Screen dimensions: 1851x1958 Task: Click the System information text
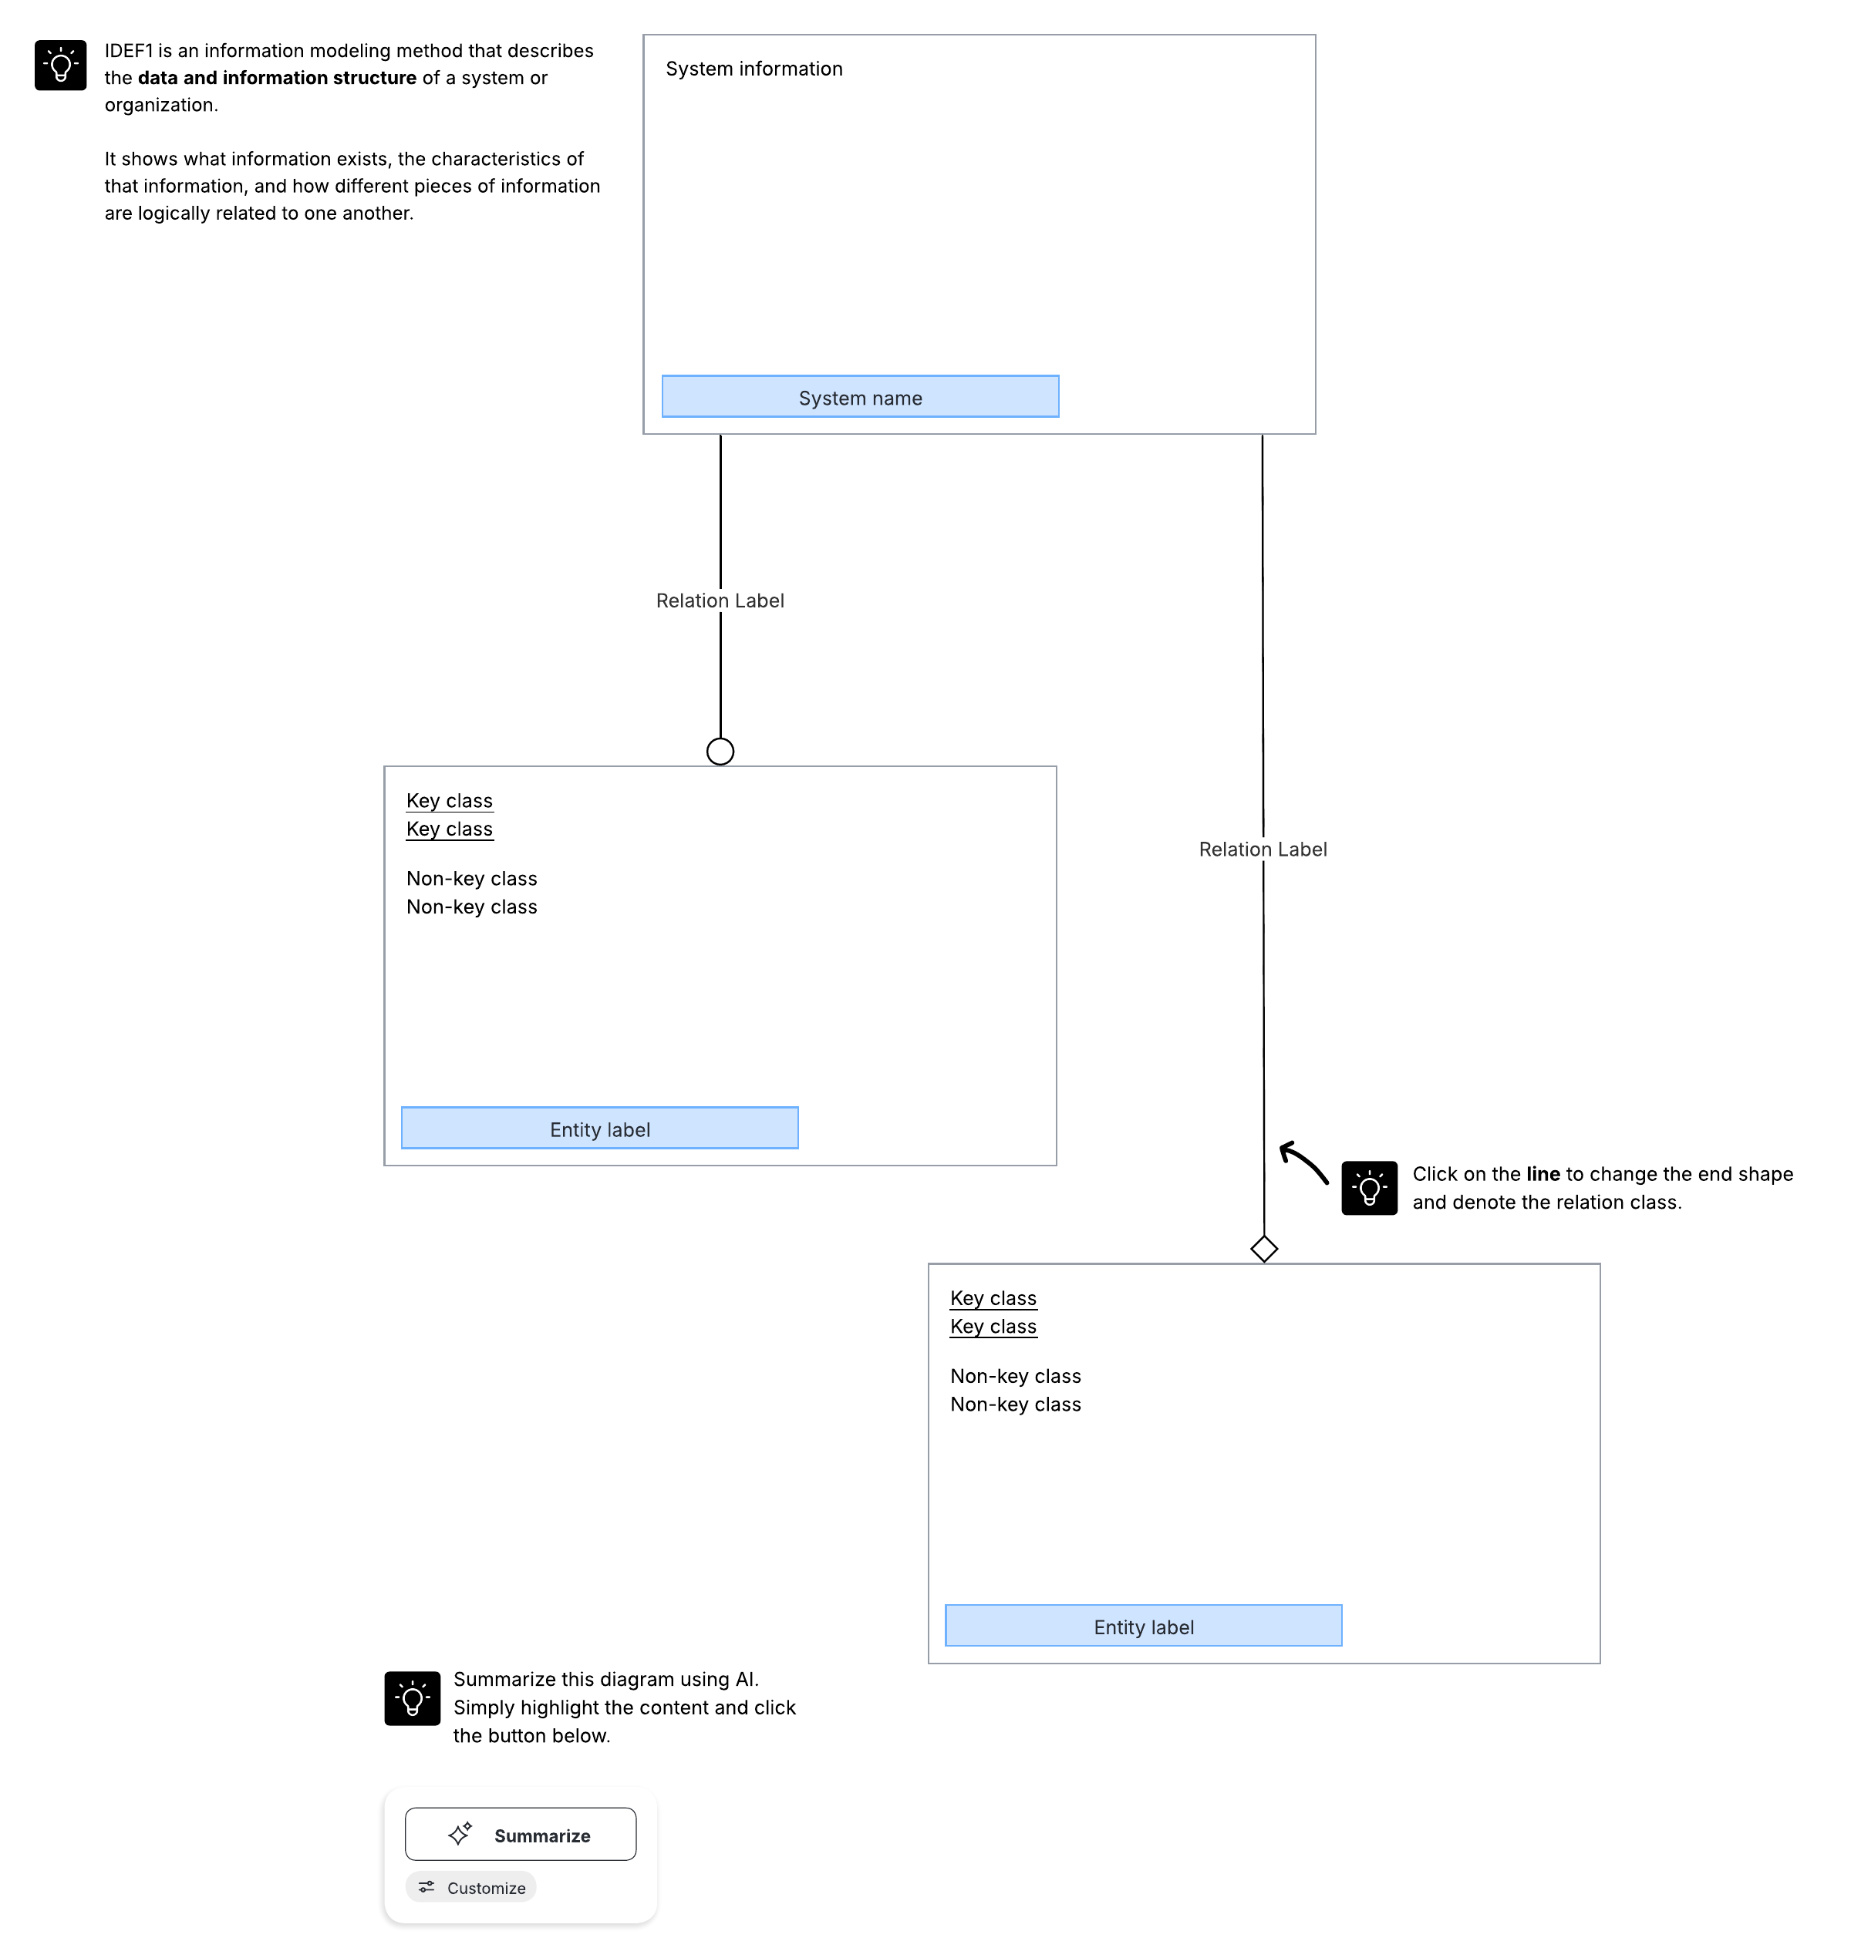(x=754, y=69)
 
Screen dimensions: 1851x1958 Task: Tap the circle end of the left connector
(x=720, y=752)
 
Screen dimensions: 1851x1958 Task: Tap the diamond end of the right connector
(x=1264, y=1249)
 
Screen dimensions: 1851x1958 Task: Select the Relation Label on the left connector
(x=720, y=601)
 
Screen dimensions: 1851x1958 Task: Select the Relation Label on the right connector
(x=1263, y=849)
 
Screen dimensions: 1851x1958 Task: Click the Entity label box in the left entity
(x=600, y=1129)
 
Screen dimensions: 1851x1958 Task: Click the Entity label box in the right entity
(x=1144, y=1626)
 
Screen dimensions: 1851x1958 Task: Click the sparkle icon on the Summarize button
(x=460, y=1834)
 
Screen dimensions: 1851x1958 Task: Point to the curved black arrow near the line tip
(x=1303, y=1162)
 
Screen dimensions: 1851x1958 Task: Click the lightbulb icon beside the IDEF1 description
(x=60, y=65)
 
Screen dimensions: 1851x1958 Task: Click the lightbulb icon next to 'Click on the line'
(x=1370, y=1188)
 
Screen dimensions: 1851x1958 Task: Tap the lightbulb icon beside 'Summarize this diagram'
(x=413, y=1698)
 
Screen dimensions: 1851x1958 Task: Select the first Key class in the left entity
(x=450, y=801)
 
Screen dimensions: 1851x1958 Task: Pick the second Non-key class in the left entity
(x=472, y=907)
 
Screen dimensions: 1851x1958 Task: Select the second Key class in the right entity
(x=993, y=1327)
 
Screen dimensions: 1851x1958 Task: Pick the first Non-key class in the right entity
(x=1015, y=1376)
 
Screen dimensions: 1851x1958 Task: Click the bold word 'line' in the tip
(x=1543, y=1174)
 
